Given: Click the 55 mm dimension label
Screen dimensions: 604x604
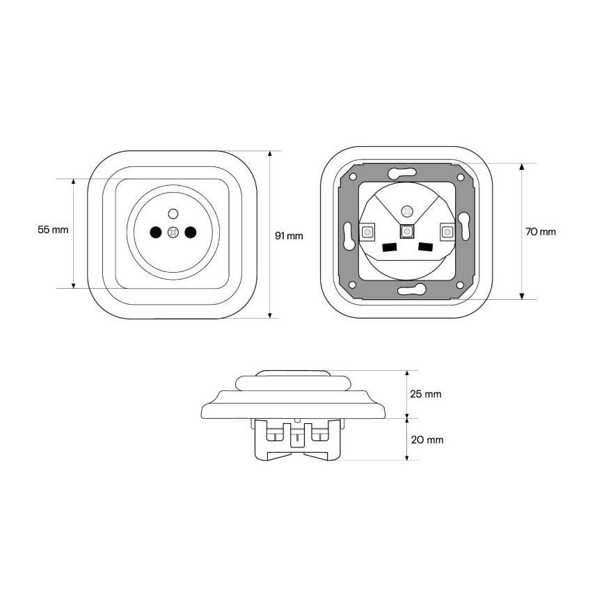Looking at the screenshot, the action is [53, 230].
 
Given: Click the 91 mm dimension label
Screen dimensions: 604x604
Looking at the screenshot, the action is [289, 236].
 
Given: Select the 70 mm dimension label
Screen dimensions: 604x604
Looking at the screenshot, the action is [541, 232].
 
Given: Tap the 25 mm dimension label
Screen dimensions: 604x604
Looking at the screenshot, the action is [426, 394].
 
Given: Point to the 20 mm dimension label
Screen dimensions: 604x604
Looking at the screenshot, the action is [427, 440].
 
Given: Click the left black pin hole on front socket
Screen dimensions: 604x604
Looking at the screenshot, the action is [156, 232].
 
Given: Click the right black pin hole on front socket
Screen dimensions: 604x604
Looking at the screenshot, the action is [191, 232].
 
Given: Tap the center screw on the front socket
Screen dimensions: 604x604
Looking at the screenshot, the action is [173, 232].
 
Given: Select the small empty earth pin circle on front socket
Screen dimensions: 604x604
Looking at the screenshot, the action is [173, 213].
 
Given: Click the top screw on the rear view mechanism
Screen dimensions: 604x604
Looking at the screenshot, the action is [406, 211].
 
